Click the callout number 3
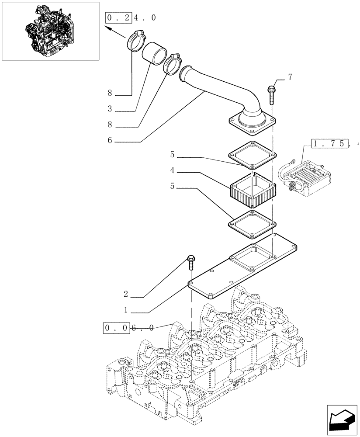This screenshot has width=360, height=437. click(x=110, y=108)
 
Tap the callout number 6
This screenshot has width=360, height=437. click(x=110, y=141)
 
